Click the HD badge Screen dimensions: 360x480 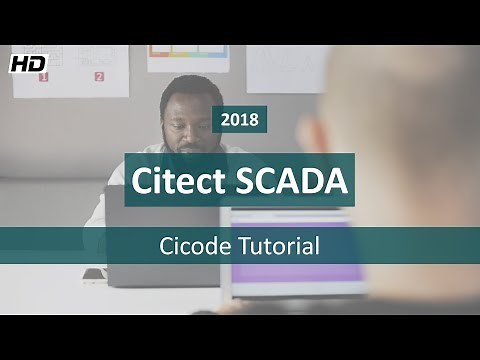(x=28, y=62)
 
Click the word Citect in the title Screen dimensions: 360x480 (x=182, y=180)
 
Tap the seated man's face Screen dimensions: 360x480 (x=187, y=122)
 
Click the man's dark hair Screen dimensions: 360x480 (x=185, y=87)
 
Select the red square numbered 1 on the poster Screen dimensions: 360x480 (x=43, y=77)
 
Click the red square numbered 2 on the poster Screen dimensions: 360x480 (x=99, y=76)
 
